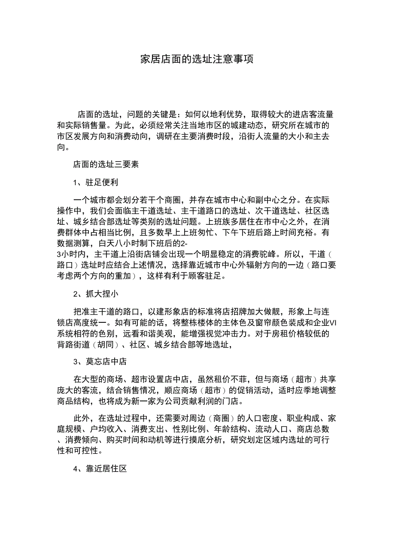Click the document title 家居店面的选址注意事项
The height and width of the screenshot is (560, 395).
click(x=197, y=59)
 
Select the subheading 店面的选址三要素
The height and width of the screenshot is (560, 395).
click(x=106, y=164)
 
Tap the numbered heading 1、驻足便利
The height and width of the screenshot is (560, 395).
click(x=95, y=182)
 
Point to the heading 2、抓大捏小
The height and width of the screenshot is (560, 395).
click(x=95, y=294)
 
